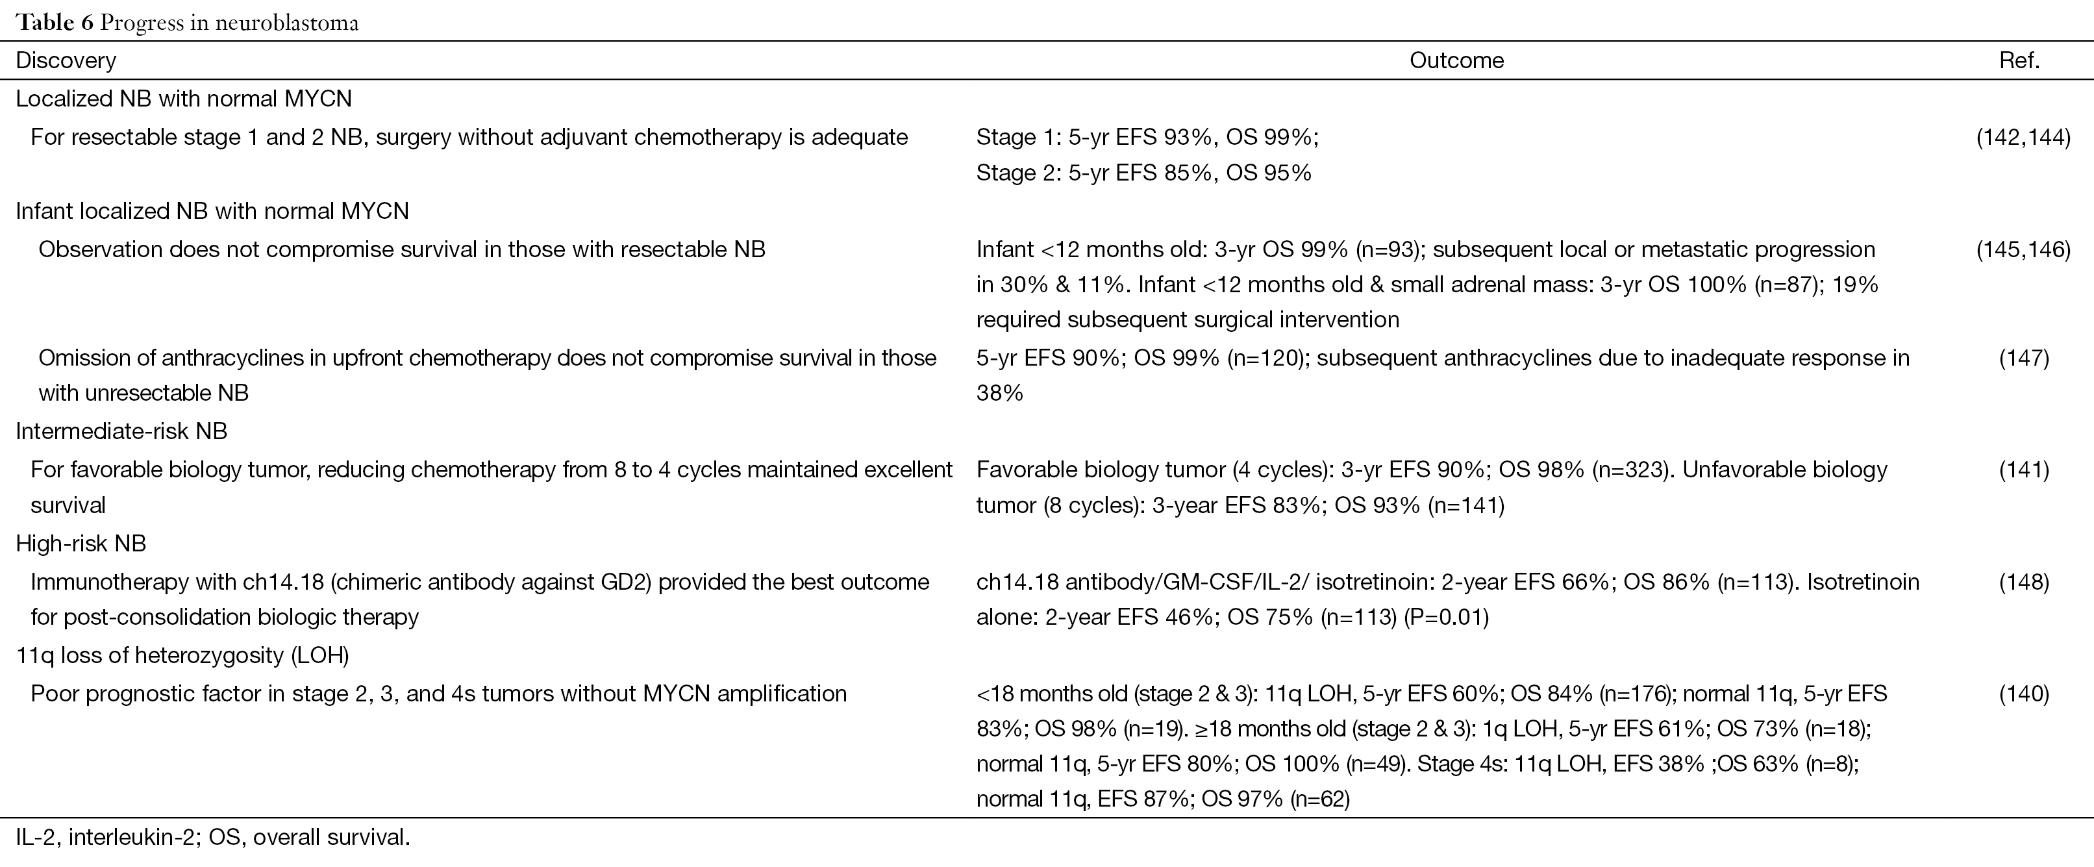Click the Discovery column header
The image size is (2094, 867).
(x=66, y=60)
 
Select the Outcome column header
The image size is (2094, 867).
(x=1456, y=60)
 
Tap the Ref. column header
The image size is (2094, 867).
(x=2020, y=60)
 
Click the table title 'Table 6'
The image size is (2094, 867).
(x=55, y=22)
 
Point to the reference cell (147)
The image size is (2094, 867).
(x=2024, y=358)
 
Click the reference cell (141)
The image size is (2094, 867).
(x=2024, y=470)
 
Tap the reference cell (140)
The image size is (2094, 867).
(x=2024, y=693)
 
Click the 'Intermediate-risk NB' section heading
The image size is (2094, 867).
(x=122, y=431)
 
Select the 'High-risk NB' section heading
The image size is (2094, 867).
(x=81, y=544)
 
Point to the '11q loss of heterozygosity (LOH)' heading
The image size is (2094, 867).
(x=182, y=655)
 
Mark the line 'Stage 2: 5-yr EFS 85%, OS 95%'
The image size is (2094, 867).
(x=1143, y=172)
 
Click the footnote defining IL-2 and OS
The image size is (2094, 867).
(x=213, y=837)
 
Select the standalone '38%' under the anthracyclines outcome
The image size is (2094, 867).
(x=1000, y=393)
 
